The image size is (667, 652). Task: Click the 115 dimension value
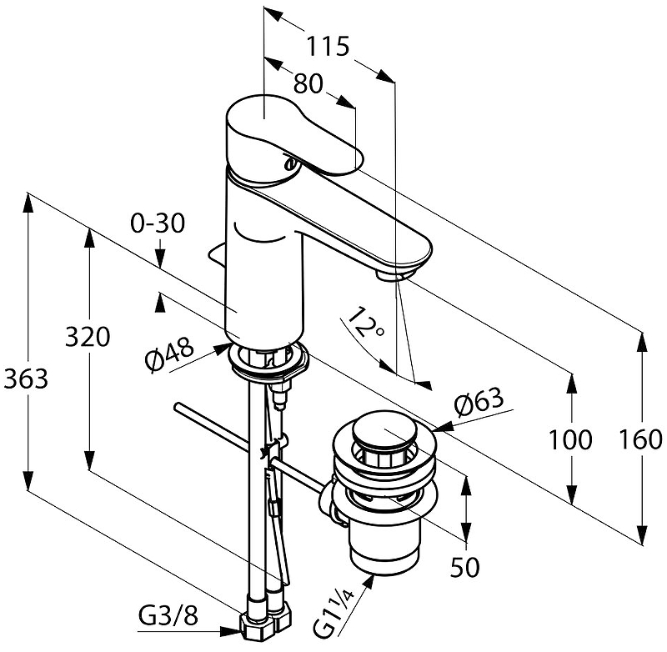tap(325, 47)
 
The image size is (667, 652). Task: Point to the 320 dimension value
tap(88, 338)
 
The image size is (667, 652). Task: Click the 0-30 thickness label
tap(157, 224)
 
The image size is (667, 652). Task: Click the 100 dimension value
tap(571, 439)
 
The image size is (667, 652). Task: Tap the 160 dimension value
tap(641, 439)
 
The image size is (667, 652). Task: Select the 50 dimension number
tap(465, 569)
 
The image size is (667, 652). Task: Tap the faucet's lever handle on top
tap(292, 133)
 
